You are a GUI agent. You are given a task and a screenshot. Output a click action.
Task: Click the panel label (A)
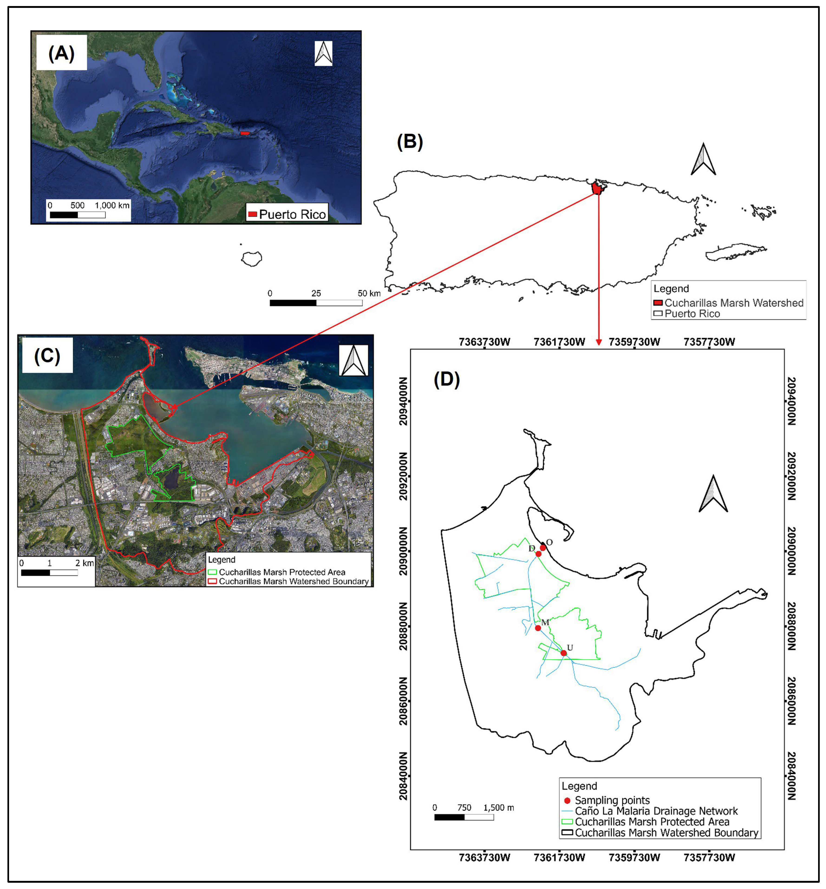[61, 53]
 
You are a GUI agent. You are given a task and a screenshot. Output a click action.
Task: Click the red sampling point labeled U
[564, 653]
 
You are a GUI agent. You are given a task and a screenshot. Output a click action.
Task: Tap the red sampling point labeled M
[538, 628]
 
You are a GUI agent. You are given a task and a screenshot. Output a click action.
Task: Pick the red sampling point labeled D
[538, 554]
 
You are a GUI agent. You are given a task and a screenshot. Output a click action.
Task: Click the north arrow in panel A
[323, 53]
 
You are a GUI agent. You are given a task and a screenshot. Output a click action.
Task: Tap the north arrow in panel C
[354, 360]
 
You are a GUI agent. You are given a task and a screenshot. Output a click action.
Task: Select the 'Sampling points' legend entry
[612, 800]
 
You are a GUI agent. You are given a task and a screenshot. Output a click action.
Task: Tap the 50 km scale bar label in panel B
[369, 293]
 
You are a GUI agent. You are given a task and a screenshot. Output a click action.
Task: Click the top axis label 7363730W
[484, 342]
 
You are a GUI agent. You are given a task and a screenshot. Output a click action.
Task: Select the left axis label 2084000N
[403, 775]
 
